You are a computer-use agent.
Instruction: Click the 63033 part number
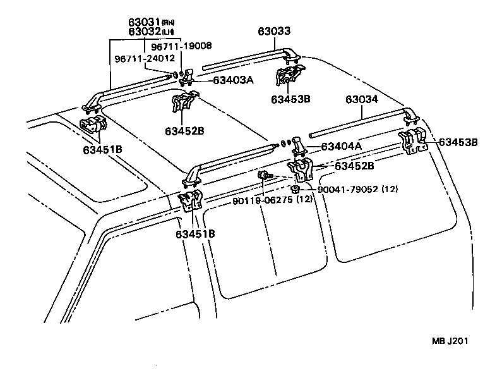pyautogui.click(x=274, y=32)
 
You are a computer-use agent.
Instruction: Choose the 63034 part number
pyautogui.click(x=362, y=99)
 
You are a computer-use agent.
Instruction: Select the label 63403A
pyautogui.click(x=234, y=80)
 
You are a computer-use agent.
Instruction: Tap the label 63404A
pyautogui.click(x=342, y=147)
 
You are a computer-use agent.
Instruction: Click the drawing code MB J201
pyautogui.click(x=450, y=341)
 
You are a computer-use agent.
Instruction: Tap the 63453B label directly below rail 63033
pyautogui.click(x=290, y=99)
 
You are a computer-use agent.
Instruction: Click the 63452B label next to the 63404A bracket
pyautogui.click(x=354, y=166)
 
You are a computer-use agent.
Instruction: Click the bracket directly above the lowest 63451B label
pyautogui.click(x=192, y=202)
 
